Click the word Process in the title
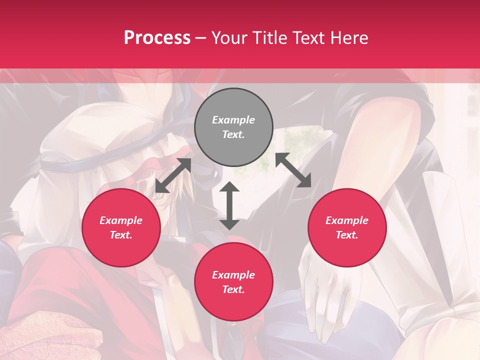(157, 38)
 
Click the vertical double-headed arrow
(229, 205)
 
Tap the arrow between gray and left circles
(173, 175)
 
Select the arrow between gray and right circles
(293, 170)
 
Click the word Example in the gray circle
(233, 120)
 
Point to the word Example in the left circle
(121, 220)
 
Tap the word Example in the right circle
(347, 220)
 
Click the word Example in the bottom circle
(233, 275)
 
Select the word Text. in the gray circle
(233, 134)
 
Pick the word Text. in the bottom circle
(233, 289)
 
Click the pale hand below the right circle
(325, 290)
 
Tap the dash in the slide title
(201, 38)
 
